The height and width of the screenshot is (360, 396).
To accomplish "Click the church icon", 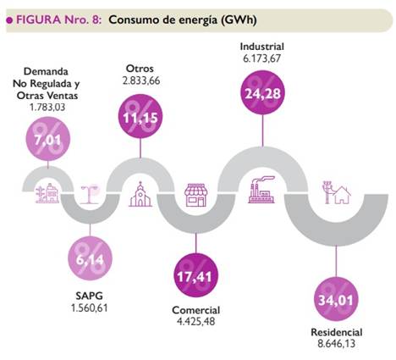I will coord(140,196).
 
